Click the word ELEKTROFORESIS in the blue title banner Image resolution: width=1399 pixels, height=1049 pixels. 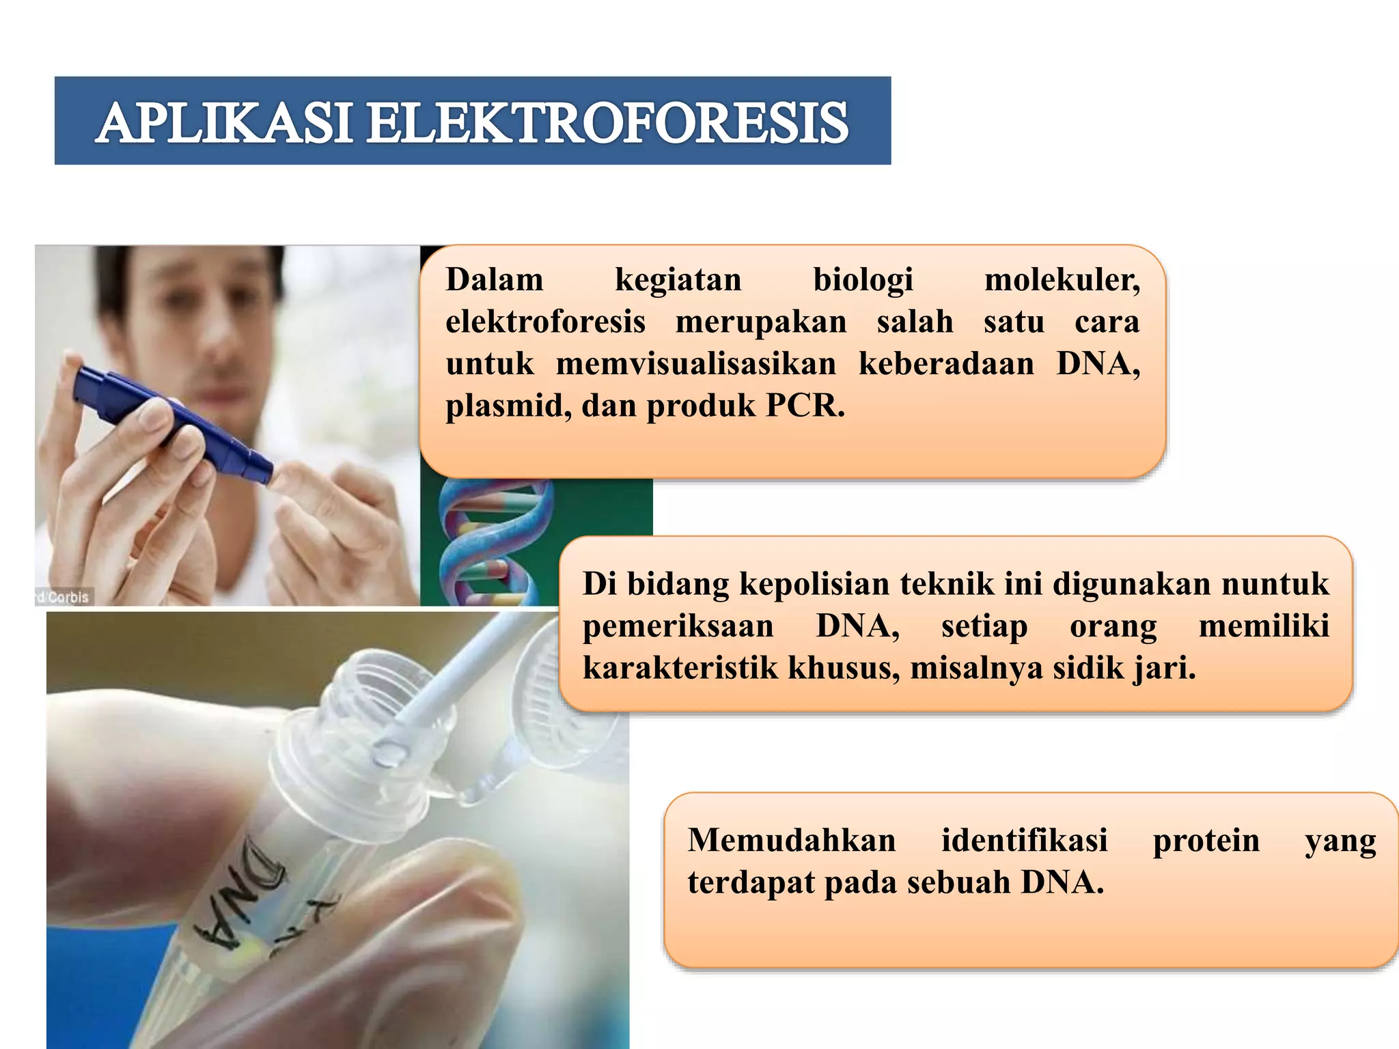click(x=607, y=123)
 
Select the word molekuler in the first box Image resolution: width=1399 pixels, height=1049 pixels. click(x=1062, y=280)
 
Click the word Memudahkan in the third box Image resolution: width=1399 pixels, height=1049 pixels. click(x=791, y=840)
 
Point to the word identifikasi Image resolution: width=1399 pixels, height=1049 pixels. click(x=1024, y=840)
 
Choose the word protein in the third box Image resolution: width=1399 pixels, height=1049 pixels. click(x=1206, y=840)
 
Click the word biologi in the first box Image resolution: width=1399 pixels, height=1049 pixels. click(x=863, y=280)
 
